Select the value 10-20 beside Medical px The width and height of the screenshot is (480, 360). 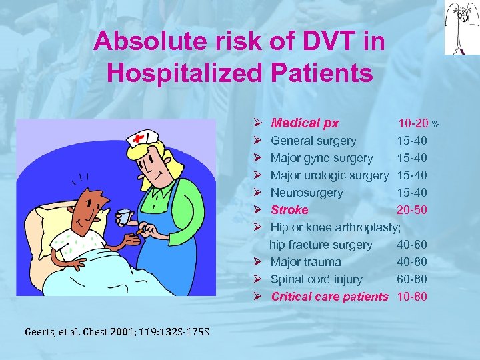click(x=413, y=123)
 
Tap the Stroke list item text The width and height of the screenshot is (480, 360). click(x=289, y=210)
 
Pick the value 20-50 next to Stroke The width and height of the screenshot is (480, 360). click(x=412, y=210)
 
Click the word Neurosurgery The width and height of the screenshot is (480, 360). click(x=307, y=193)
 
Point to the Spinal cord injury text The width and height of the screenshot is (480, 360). click(x=316, y=279)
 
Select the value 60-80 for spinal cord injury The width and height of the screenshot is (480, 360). click(x=412, y=279)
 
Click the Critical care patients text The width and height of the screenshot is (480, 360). click(x=329, y=297)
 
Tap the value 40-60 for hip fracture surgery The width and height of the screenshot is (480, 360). click(x=412, y=245)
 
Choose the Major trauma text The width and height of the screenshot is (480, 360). click(x=305, y=262)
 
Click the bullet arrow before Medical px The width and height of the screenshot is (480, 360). click(x=257, y=123)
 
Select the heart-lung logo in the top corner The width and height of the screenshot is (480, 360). click(x=459, y=27)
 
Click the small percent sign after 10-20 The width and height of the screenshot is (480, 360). click(x=435, y=125)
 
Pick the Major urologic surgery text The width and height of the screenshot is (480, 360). click(x=329, y=175)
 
